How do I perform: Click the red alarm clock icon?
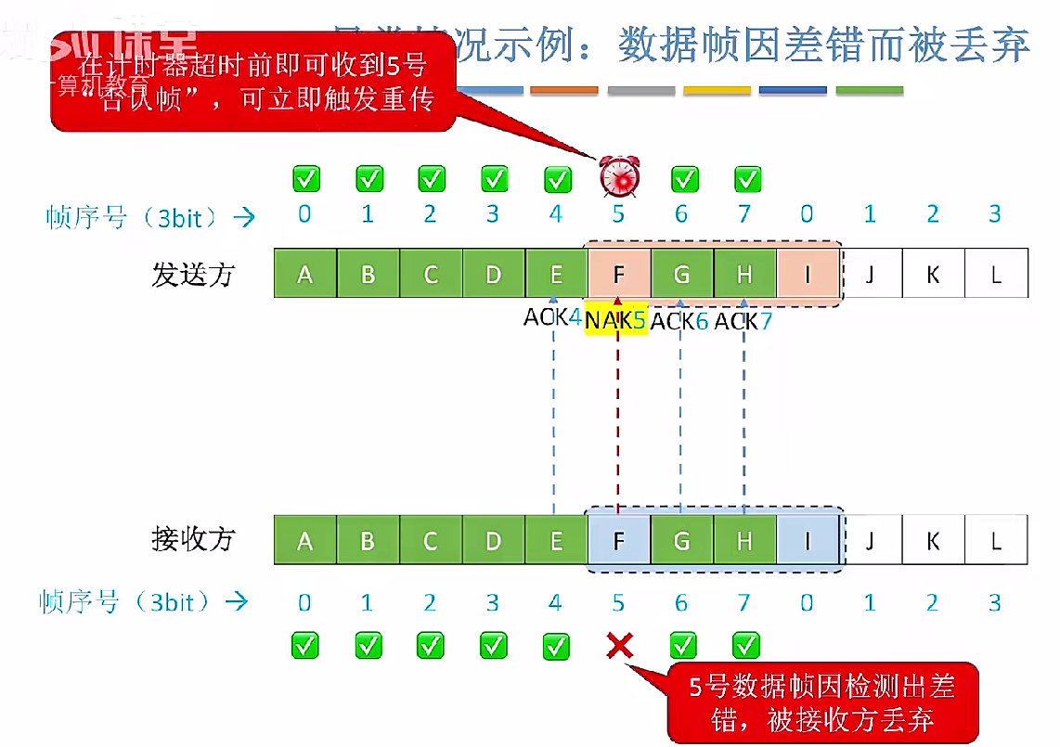click(618, 176)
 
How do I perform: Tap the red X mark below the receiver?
click(619, 645)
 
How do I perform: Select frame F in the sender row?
click(619, 274)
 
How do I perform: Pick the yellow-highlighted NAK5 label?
click(616, 321)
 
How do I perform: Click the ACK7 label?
click(743, 321)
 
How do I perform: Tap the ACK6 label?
click(680, 321)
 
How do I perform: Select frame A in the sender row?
click(304, 274)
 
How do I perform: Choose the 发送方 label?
click(194, 274)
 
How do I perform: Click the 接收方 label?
click(194, 538)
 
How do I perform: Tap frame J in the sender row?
click(870, 274)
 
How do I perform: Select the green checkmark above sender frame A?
click(305, 177)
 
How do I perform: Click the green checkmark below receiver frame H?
click(745, 645)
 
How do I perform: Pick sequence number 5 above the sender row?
click(618, 215)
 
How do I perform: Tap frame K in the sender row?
click(933, 274)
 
